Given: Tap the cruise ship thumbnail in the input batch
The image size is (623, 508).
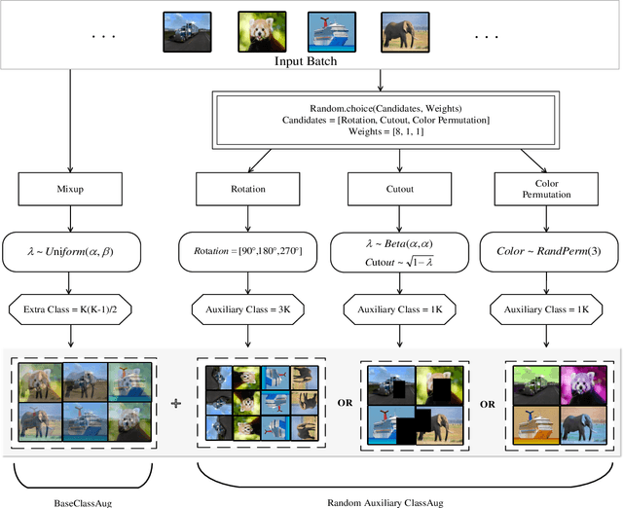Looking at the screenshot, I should pyautogui.click(x=329, y=30).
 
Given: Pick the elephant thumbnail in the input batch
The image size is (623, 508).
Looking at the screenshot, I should pyautogui.click(x=402, y=30).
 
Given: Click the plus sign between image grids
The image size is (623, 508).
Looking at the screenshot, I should pyautogui.click(x=176, y=402).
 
